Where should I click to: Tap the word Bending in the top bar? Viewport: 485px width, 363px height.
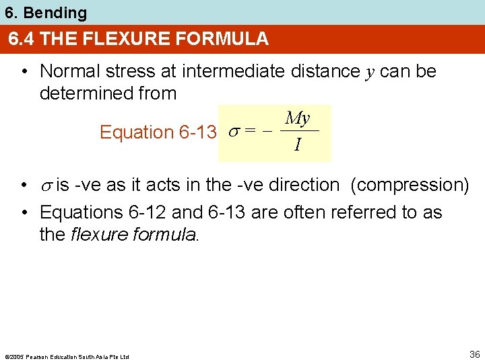[61, 12]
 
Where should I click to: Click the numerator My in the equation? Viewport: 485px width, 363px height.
[298, 119]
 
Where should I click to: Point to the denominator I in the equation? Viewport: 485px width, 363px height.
[297, 145]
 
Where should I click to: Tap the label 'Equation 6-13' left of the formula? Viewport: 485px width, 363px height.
[157, 132]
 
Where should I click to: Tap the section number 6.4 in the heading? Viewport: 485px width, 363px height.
[22, 39]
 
